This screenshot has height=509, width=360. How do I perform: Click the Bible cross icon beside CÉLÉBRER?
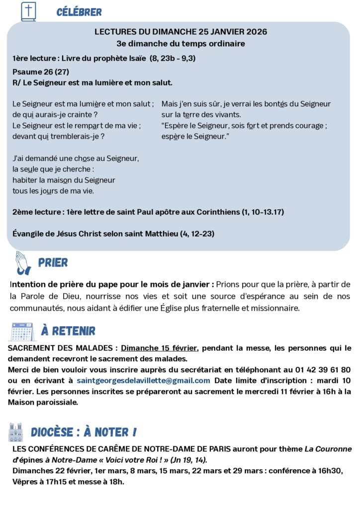point(28,11)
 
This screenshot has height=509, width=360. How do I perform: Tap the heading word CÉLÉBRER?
point(79,12)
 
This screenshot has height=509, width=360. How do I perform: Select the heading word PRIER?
point(53,262)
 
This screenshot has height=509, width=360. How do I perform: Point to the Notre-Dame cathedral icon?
point(16,432)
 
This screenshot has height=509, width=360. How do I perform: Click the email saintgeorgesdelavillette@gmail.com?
point(143,380)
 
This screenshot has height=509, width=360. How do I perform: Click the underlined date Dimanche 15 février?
point(159,348)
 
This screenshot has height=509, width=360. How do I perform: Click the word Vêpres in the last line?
point(25,481)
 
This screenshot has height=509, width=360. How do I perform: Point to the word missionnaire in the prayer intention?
point(275,308)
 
